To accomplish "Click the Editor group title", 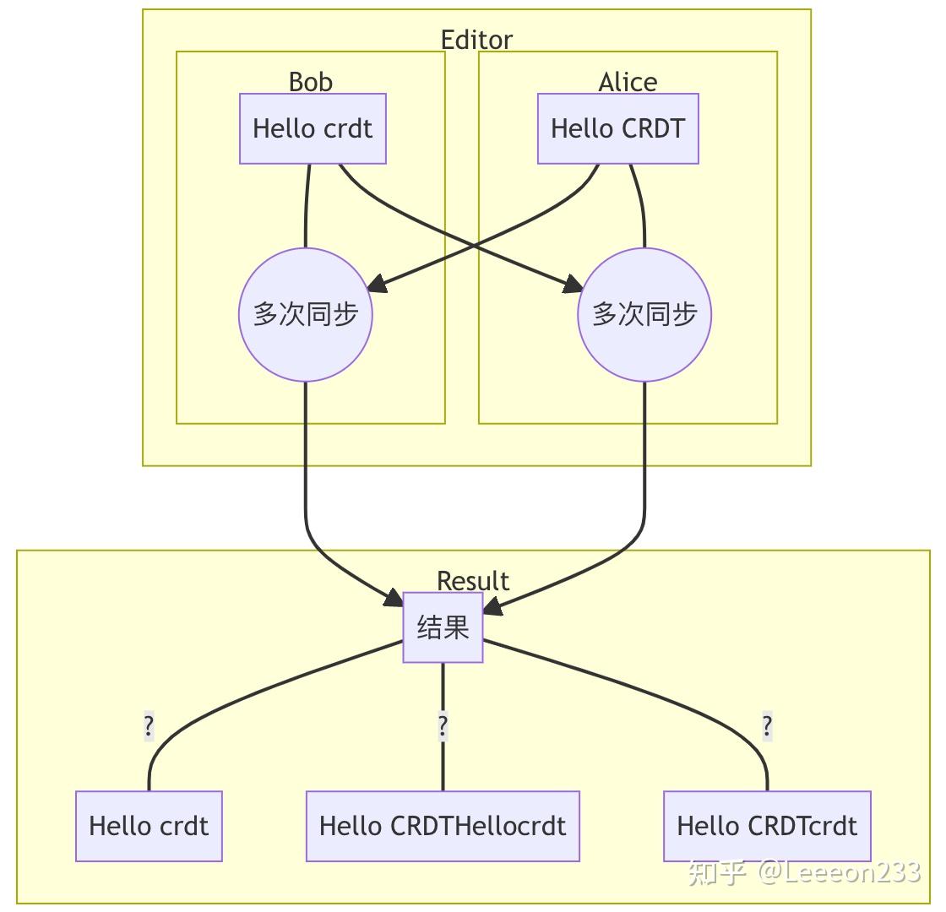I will point(476,40).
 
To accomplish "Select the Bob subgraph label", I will point(311,81).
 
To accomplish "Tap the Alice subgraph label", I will point(628,81).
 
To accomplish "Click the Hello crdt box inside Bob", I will point(313,128).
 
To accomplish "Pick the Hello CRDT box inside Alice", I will point(618,128).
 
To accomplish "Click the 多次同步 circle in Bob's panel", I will point(306,314).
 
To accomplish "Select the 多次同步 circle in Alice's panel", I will point(644,314).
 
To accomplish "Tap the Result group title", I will point(473,581).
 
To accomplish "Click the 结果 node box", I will point(443,627).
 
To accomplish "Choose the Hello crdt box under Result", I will point(149,826).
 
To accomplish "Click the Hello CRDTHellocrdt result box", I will point(443,826).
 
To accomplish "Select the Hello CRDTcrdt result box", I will point(767,826).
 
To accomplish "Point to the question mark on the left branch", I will point(149,726).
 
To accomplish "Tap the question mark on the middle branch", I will point(443,726).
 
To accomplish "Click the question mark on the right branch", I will point(767,726).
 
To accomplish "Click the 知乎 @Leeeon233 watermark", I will point(803,871).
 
